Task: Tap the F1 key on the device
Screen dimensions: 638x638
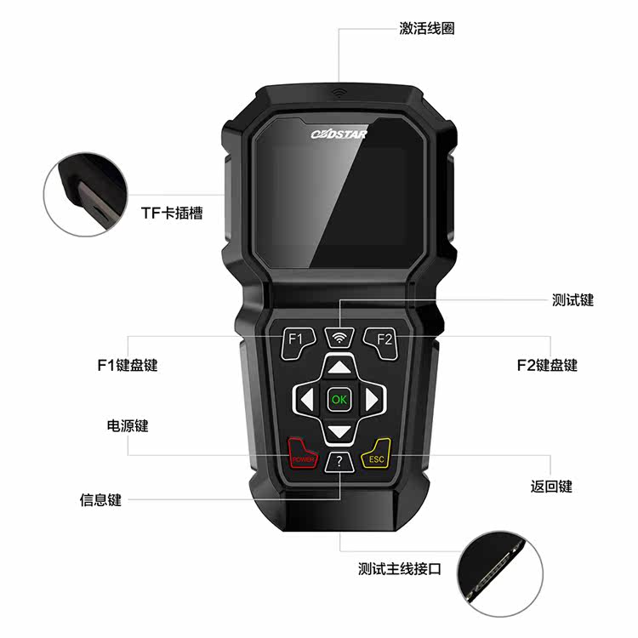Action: pos(296,339)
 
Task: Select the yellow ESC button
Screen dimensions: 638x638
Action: pos(376,458)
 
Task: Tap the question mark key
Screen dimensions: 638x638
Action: pos(339,462)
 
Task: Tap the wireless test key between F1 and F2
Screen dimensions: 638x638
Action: pos(339,337)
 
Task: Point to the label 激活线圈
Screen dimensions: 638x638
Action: pos(426,28)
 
